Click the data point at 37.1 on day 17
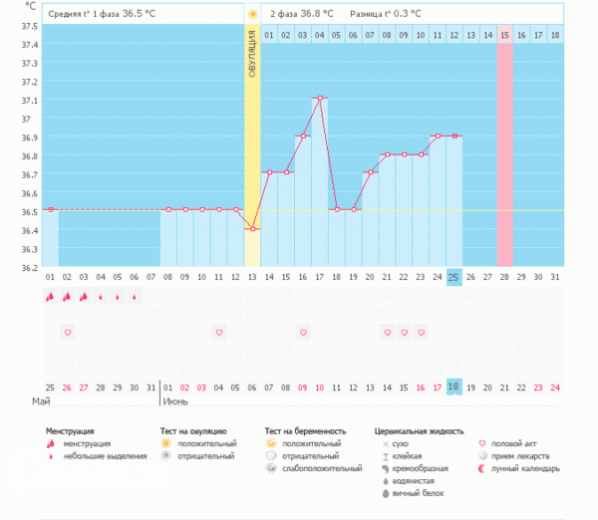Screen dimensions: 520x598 319,98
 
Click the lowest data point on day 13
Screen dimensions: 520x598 252,229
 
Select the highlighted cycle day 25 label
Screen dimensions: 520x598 454,276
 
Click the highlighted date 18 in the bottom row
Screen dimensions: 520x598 454,387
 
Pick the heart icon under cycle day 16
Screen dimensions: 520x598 303,332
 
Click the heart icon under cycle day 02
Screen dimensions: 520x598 67,332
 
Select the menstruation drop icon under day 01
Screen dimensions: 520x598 50,296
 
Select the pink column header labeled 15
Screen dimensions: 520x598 505,35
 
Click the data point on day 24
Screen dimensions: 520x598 438,135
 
